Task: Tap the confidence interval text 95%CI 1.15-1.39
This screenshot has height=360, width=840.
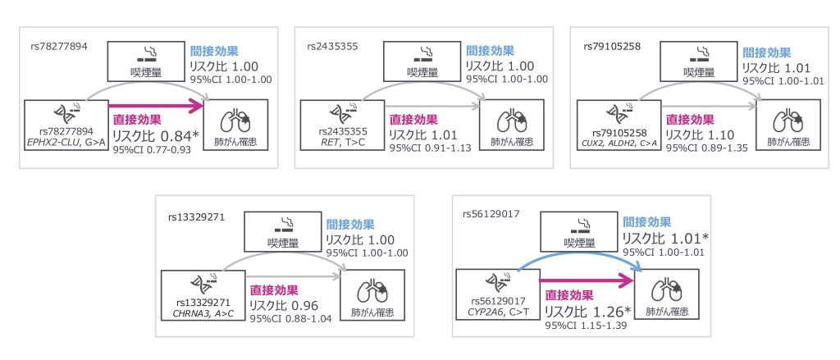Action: click(585, 326)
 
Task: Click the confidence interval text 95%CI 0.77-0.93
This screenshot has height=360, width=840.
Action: click(153, 150)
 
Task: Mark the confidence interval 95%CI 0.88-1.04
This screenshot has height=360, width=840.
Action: click(290, 317)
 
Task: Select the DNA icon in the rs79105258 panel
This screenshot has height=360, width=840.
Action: click(615, 113)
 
